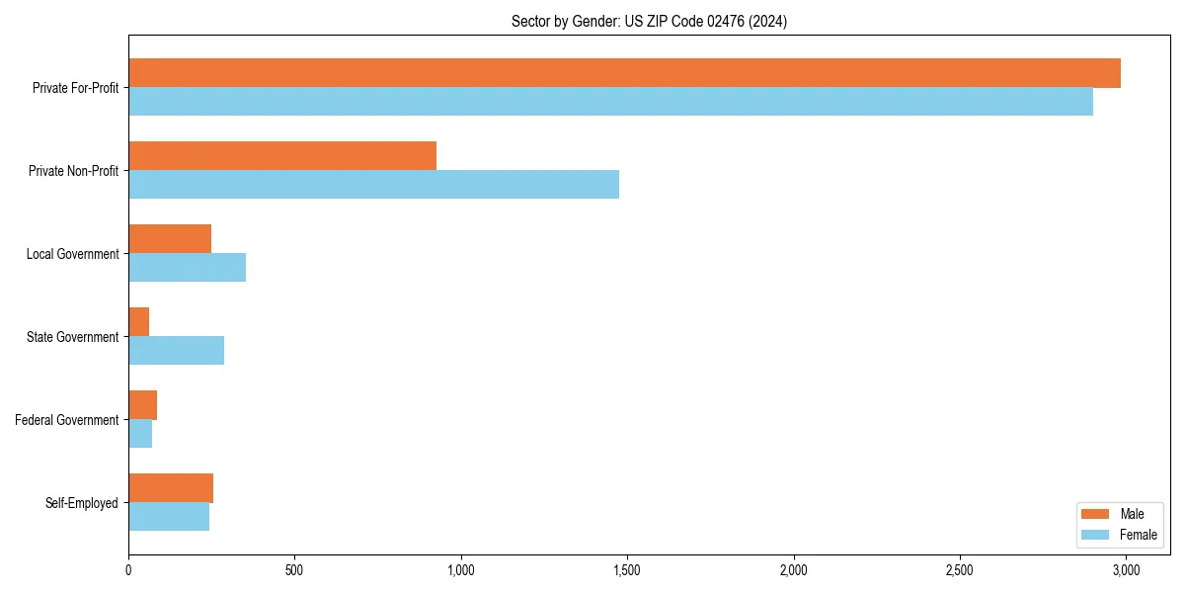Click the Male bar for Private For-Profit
point(624,73)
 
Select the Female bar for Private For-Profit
point(610,102)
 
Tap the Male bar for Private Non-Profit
point(282,156)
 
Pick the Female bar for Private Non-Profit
point(373,185)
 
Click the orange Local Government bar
point(170,239)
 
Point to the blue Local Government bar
point(187,268)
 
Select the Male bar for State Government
point(139,322)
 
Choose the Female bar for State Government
point(176,351)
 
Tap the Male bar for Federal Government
point(143,405)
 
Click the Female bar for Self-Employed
point(169,517)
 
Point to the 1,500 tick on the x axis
point(627,570)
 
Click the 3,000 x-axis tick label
point(1126,570)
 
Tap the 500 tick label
point(294,570)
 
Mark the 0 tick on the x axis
point(128,570)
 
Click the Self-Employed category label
point(82,503)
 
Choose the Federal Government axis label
point(67,420)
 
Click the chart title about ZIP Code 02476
point(649,21)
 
